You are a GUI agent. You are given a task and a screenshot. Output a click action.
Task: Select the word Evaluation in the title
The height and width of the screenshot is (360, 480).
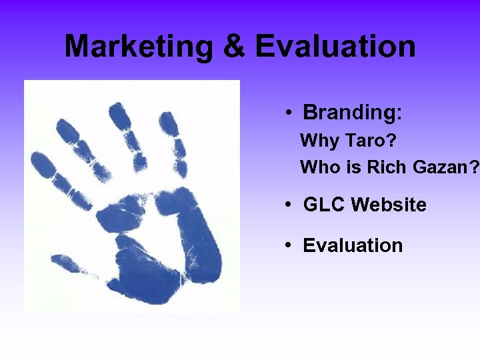click(x=335, y=47)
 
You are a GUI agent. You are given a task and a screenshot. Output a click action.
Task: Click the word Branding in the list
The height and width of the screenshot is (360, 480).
click(x=349, y=113)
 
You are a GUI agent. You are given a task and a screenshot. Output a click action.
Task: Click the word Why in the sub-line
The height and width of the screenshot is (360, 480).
click(x=320, y=141)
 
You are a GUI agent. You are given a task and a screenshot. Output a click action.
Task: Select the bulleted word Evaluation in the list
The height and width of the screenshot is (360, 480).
click(x=353, y=245)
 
